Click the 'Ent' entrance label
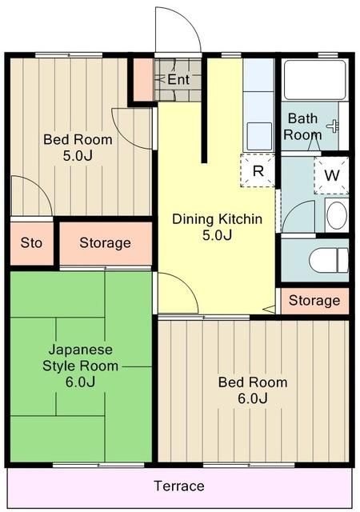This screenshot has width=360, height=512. tap(178, 80)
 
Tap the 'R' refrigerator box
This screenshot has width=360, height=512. tap(258, 170)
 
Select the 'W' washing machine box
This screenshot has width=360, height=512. tap(331, 175)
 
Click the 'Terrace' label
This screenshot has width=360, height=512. tap(179, 486)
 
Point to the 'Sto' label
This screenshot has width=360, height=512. tap(31, 242)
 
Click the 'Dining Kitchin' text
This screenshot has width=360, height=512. tap(217, 218)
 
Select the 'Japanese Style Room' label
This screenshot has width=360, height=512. tap(81, 358)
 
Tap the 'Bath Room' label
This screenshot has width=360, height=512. tap(302, 127)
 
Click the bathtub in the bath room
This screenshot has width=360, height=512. tap(314, 79)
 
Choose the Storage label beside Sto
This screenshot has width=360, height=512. tap(105, 242)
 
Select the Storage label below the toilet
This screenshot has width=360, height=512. tap(314, 301)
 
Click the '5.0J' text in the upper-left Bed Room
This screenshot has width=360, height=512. tap(78, 155)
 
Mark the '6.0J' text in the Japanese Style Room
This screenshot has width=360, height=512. tap(81, 382)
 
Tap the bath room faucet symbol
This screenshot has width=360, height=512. tap(333, 125)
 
